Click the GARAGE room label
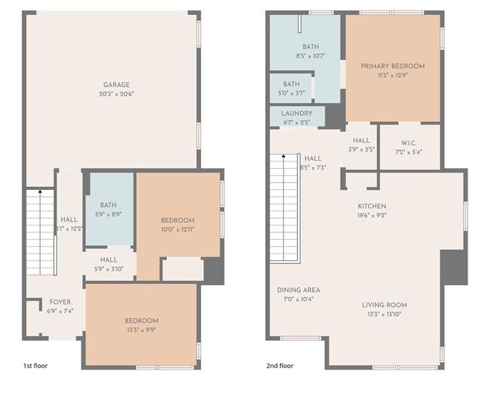[116, 84]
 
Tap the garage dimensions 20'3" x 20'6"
[116, 94]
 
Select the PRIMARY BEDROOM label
[393, 66]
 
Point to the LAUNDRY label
[297, 113]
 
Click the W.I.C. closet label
[409, 143]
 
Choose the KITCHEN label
[372, 206]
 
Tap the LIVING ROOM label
[384, 305]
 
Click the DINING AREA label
[298, 290]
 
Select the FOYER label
[60, 302]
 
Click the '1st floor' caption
[36, 366]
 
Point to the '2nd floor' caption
[279, 366]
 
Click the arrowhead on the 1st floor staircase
[40, 191]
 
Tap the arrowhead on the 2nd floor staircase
[284, 155]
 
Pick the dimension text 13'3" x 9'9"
[141, 330]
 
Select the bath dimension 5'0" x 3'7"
[292, 94]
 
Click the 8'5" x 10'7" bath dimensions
[310, 56]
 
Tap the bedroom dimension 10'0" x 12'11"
[178, 229]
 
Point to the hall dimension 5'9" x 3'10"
[109, 269]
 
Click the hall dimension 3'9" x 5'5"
[361, 149]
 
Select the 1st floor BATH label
[108, 205]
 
